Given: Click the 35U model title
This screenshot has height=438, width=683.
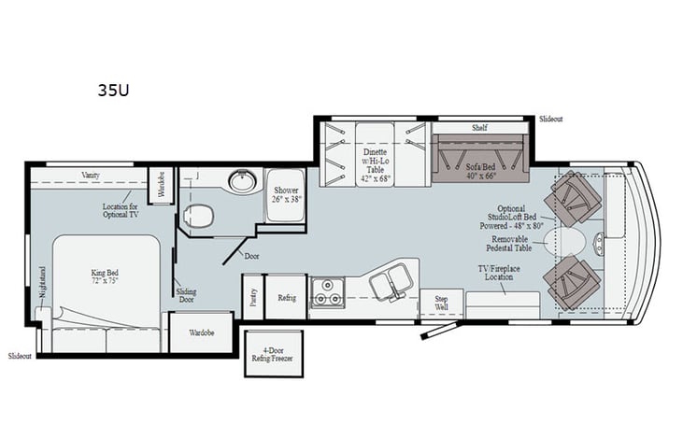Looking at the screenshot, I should pos(113,92).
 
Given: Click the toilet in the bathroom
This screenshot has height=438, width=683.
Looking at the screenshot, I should pos(198,218).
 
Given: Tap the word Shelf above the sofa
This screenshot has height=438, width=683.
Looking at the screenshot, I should pos(479,128).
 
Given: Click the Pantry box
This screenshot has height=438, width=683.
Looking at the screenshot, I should pos(251,296).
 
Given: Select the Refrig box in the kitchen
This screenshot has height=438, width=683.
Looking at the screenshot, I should pos(286,297).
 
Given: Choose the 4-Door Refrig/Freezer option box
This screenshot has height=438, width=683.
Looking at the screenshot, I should pos(274,353).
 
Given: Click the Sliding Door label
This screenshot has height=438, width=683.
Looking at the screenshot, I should pos(186,296).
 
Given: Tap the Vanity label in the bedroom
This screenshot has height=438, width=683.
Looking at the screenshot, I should pos(91,175).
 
